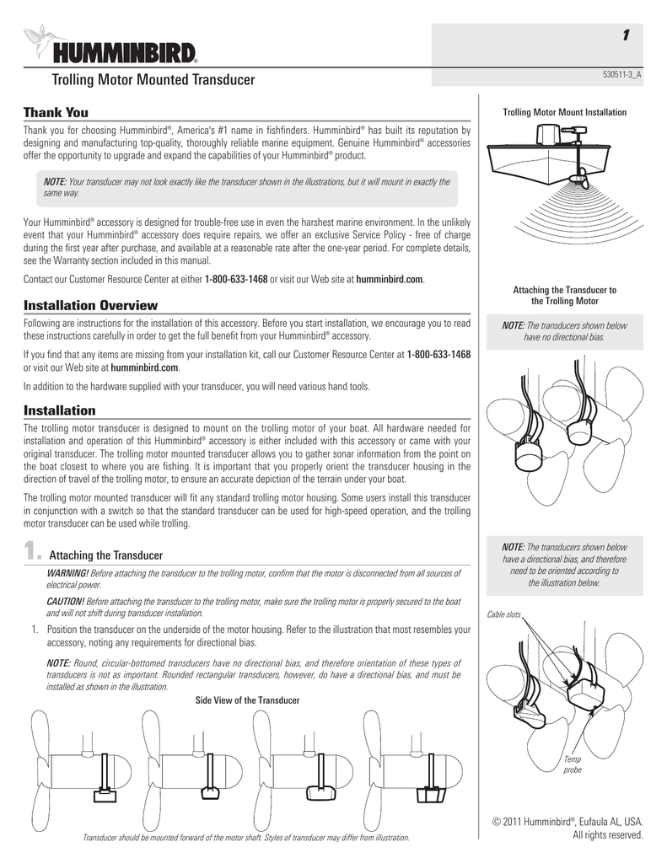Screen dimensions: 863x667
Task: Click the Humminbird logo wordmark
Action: [x=126, y=53]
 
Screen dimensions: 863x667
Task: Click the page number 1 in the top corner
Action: [x=625, y=35]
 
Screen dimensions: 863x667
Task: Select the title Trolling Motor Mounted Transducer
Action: [x=153, y=81]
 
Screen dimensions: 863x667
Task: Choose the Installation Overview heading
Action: [x=89, y=305]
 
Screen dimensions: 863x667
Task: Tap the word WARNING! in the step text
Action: [x=65, y=574]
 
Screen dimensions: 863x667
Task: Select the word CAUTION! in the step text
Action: [x=64, y=601]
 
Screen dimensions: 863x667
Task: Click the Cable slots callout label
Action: [x=504, y=614]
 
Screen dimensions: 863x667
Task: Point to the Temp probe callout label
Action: [x=572, y=764]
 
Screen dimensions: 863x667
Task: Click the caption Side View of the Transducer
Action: [x=247, y=700]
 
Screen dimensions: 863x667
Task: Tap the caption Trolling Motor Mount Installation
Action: [x=564, y=112]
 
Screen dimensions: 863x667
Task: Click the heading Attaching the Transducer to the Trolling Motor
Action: [x=564, y=296]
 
